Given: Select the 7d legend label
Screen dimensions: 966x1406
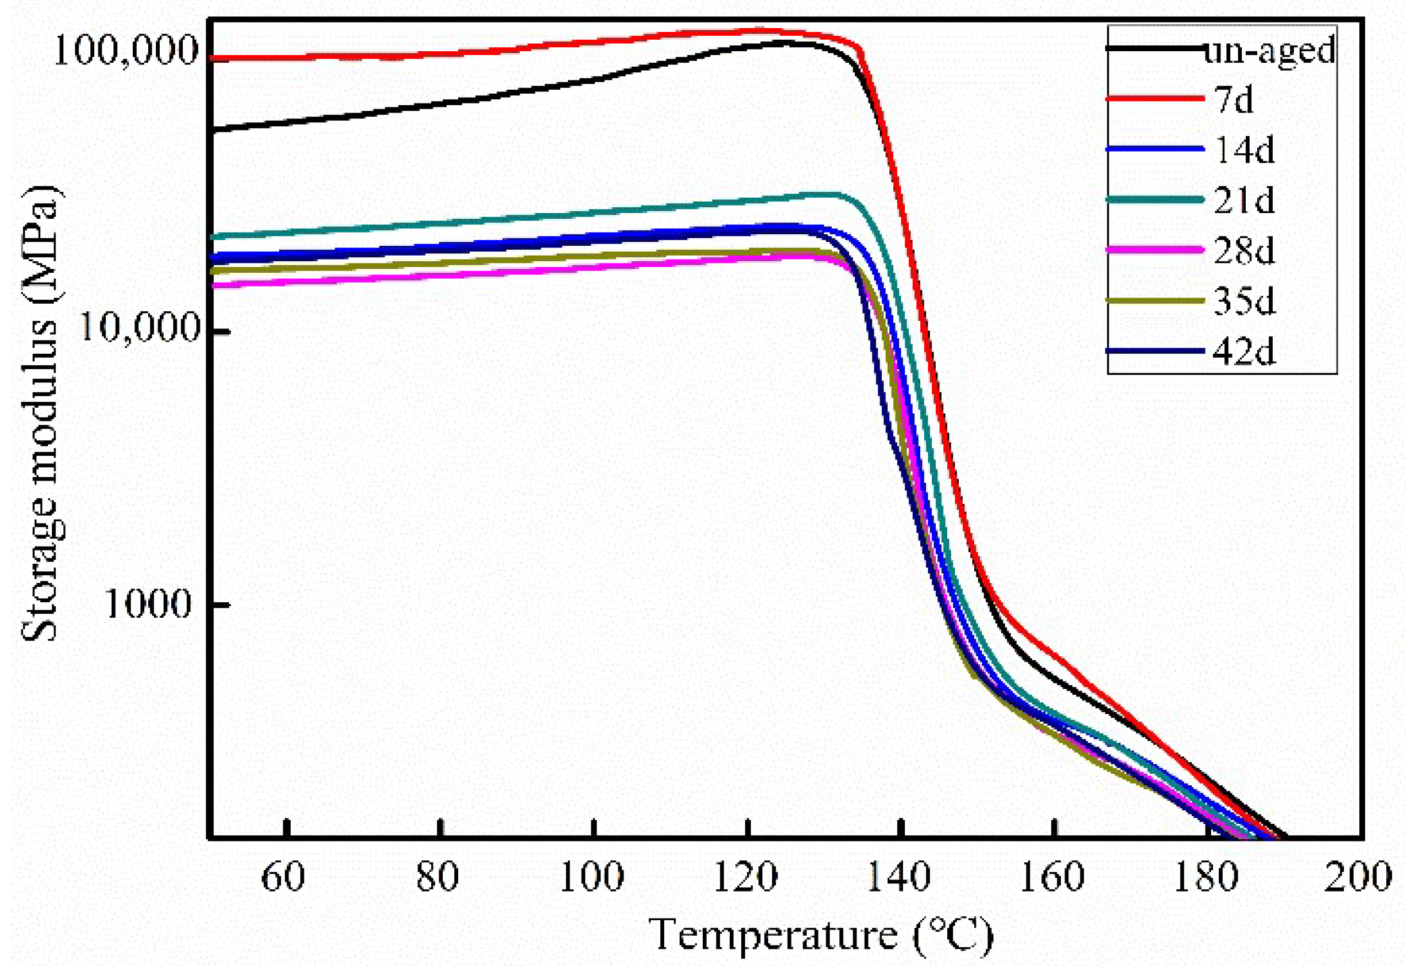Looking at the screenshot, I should pos(1234,99).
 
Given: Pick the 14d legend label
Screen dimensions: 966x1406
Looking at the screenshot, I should pos(1244,149).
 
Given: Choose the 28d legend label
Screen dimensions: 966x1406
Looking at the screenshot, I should pos(1244,250).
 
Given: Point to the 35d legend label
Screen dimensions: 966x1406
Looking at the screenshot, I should pos(1244,300).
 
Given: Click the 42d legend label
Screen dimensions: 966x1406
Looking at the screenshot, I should pos(1244,351).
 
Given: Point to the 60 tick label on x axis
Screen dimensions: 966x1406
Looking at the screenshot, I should pos(283,877).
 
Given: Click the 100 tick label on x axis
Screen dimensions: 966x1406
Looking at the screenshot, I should pos(591,877).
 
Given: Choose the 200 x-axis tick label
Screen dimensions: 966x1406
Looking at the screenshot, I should pos(1357,877).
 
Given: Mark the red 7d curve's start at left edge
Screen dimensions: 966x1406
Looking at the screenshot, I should pos(211,59).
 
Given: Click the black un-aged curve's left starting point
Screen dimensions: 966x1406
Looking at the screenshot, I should pos(211,129).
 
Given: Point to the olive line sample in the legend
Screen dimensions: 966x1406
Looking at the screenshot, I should pos(1154,300).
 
